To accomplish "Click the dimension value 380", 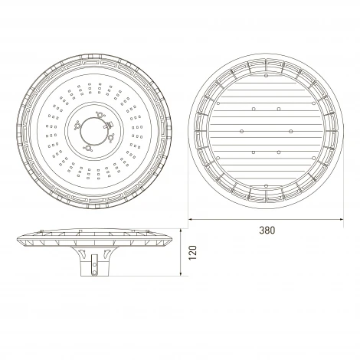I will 266,230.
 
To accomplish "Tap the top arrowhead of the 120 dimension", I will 184,227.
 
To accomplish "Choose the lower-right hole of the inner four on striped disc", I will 278,152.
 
